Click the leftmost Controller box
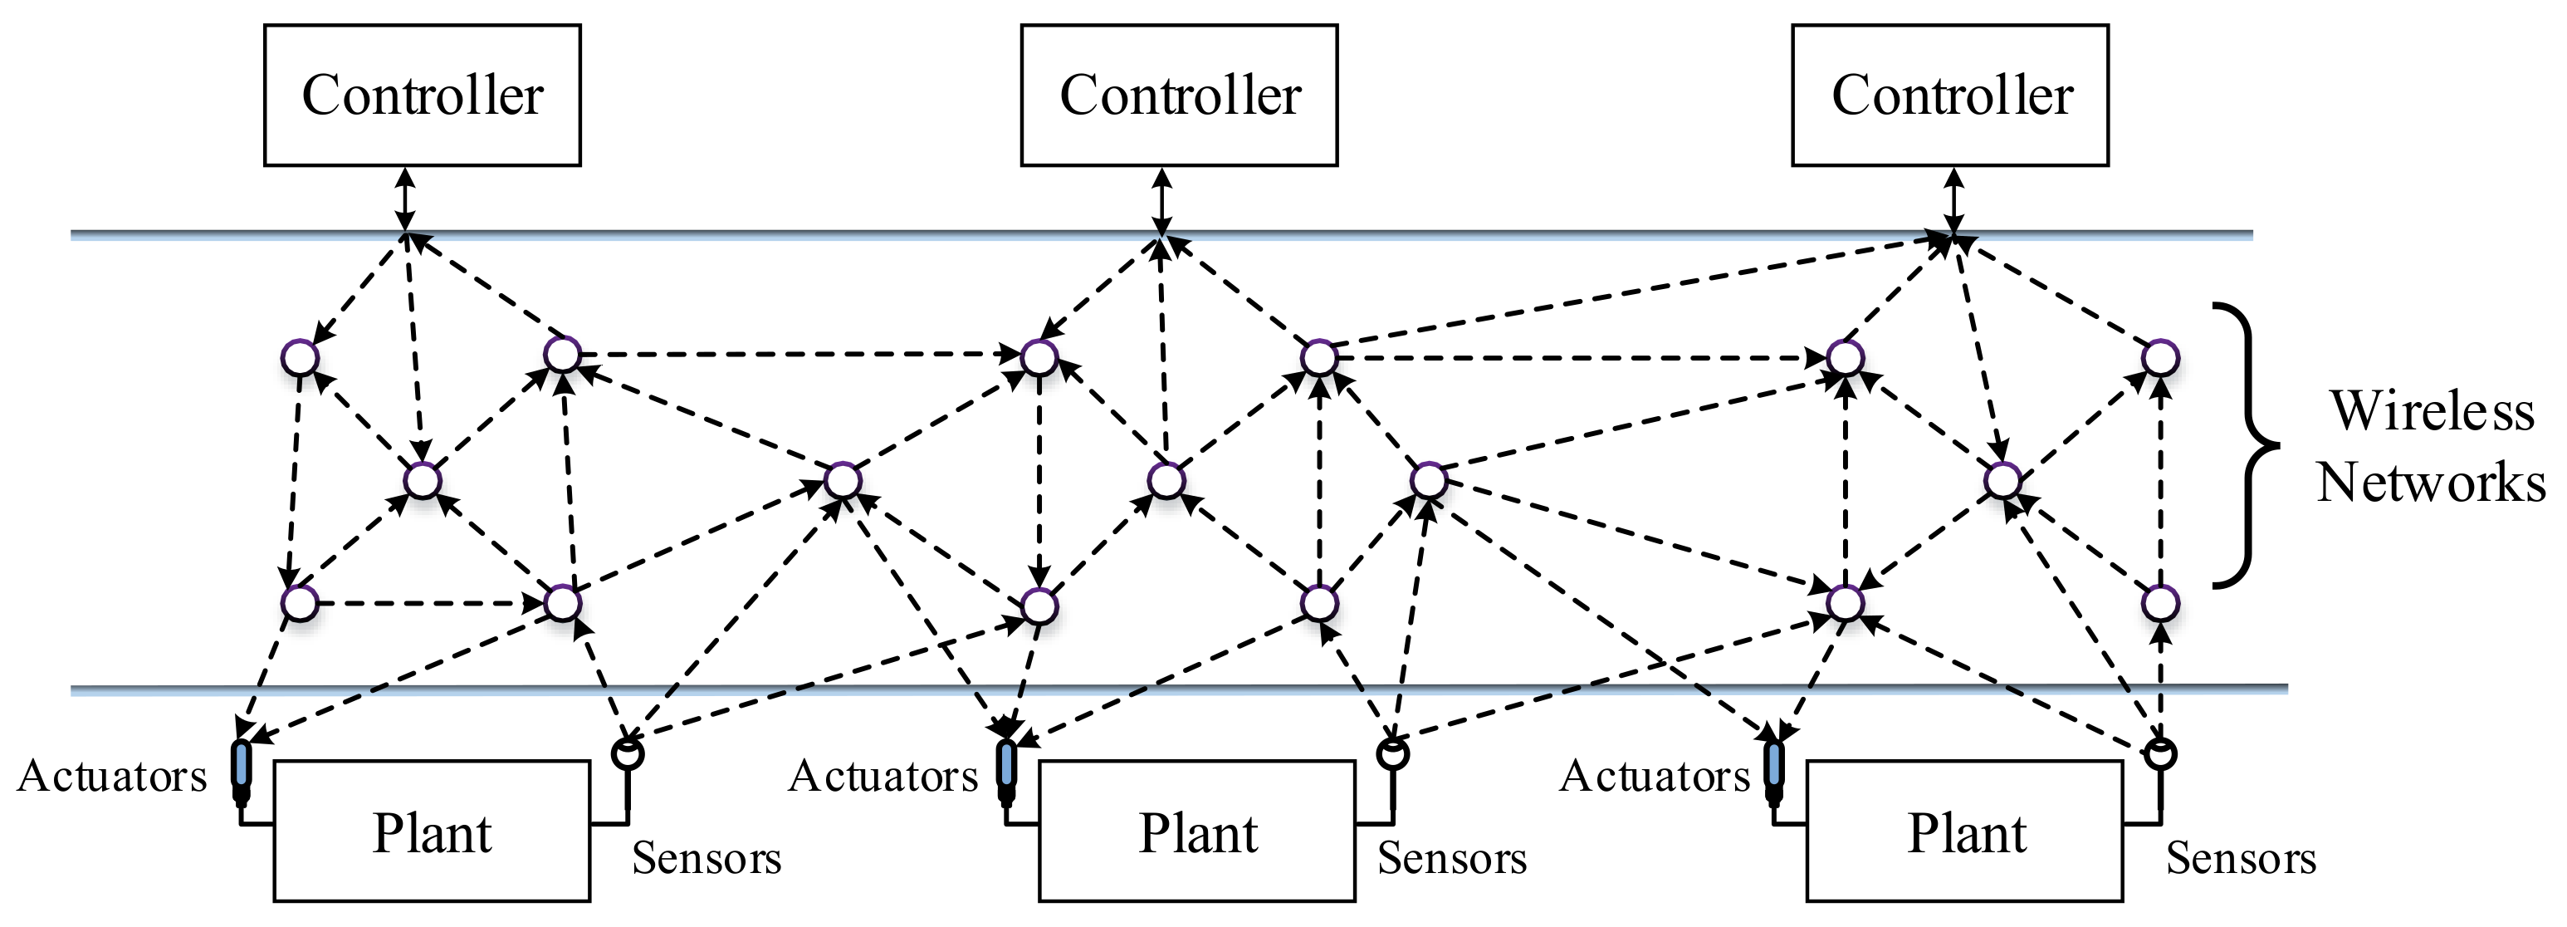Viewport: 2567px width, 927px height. (422, 96)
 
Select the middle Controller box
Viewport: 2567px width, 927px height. (1179, 96)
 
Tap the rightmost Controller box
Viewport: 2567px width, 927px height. (1950, 96)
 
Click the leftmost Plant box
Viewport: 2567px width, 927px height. (432, 832)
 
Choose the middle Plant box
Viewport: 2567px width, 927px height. (1197, 832)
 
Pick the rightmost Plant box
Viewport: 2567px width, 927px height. (1964, 832)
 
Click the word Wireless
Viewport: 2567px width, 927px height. (2432, 410)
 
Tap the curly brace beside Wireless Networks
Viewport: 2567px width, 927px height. (2250, 444)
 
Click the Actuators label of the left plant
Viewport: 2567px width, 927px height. (111, 777)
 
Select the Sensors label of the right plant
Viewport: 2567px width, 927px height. (2240, 858)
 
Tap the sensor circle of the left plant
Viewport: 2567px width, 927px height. (627, 753)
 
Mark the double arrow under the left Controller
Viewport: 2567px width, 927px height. (403, 199)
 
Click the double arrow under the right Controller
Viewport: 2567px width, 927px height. (1954, 199)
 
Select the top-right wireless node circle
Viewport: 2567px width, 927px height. (2159, 357)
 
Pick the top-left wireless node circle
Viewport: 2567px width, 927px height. (300, 357)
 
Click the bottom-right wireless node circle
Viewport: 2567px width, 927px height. (2159, 603)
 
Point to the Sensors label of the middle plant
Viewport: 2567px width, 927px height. (1452, 858)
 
